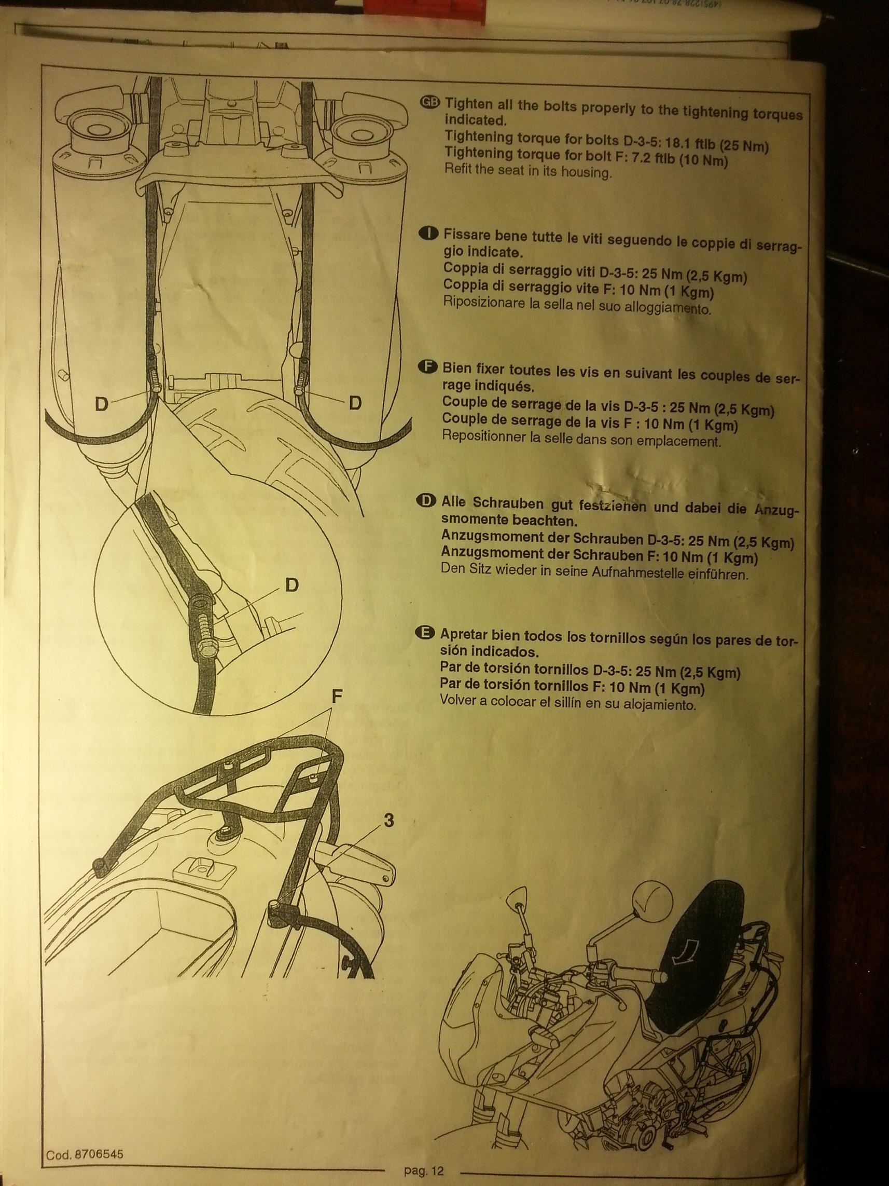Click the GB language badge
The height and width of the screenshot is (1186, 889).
pos(430,104)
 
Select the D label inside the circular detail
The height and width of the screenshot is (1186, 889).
pos(291,585)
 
